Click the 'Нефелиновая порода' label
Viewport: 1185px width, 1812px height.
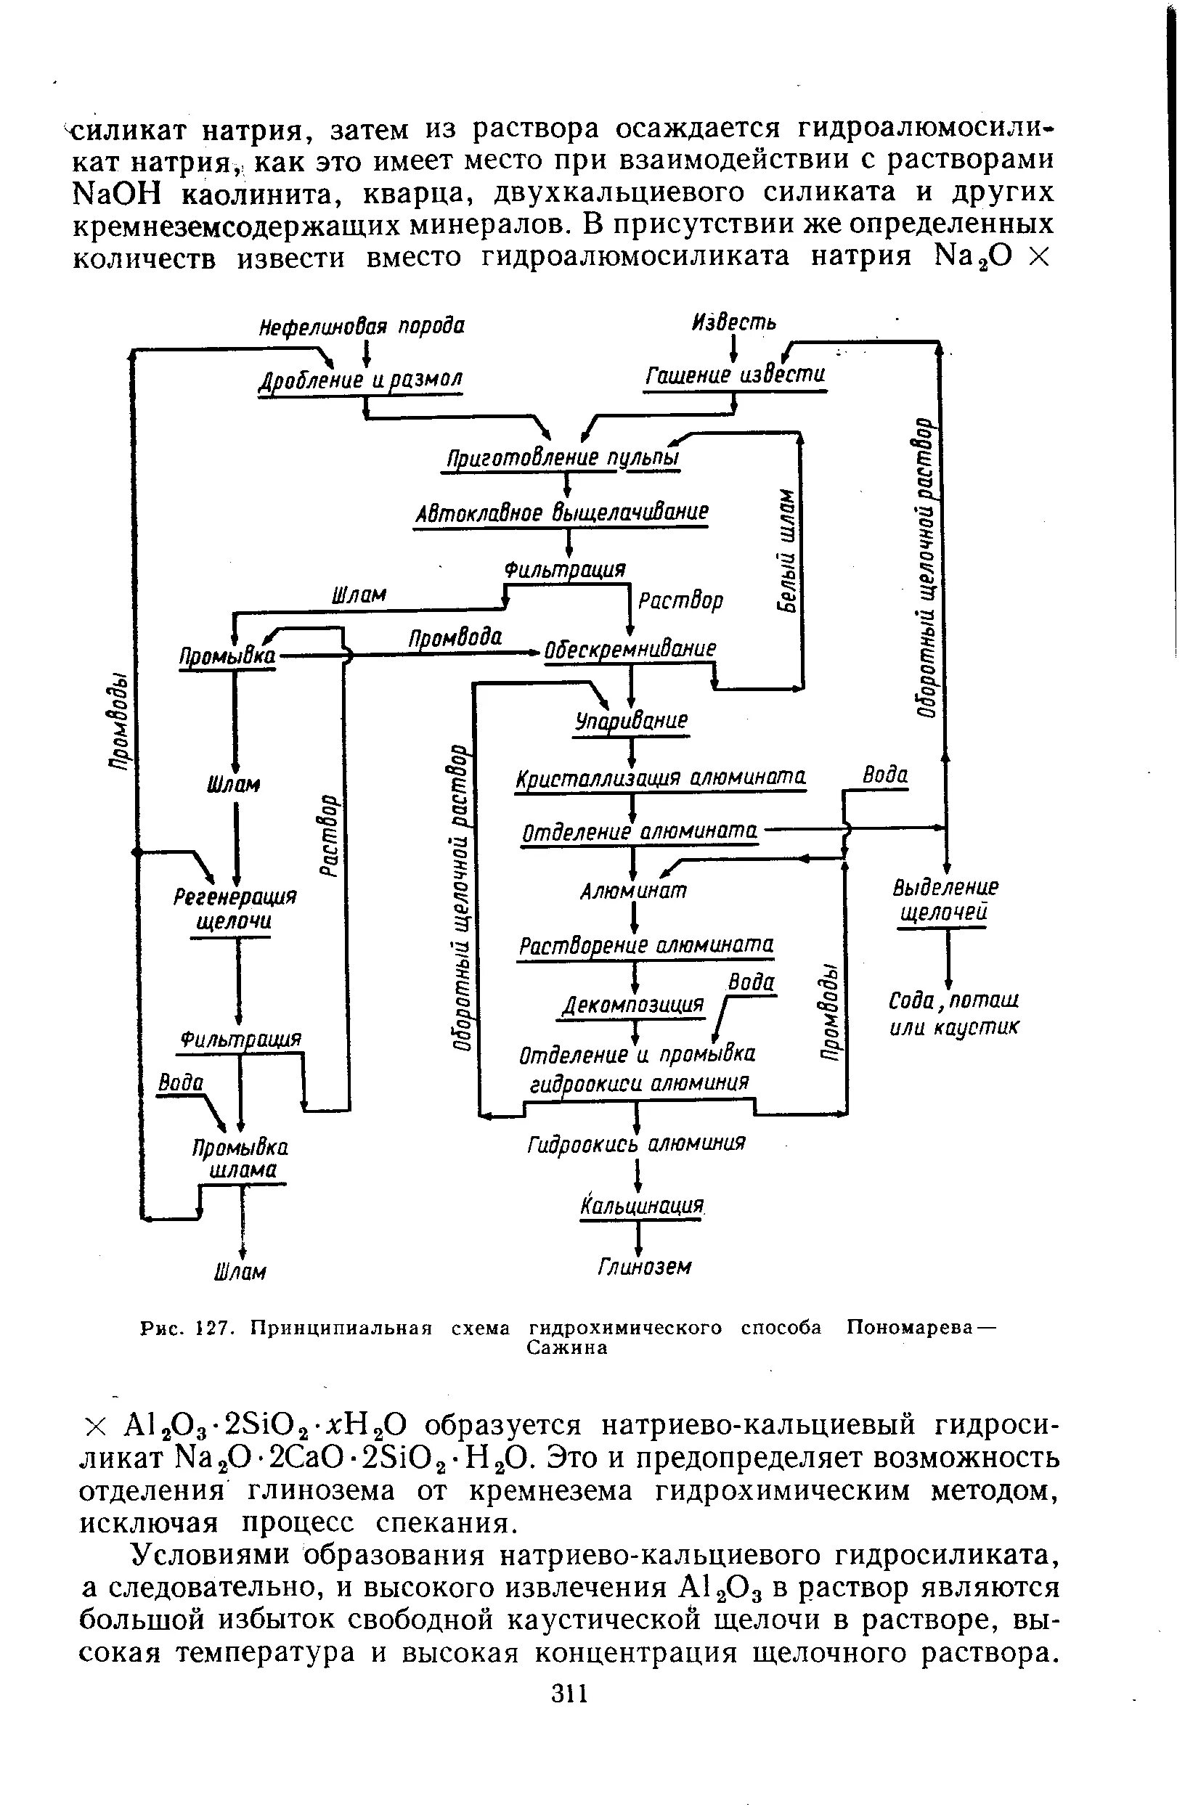(362, 327)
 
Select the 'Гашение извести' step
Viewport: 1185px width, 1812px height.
(735, 376)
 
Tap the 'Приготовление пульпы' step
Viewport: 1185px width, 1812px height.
(562, 458)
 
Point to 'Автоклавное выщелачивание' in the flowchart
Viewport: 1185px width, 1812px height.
(562, 513)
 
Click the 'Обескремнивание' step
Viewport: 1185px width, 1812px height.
(630, 650)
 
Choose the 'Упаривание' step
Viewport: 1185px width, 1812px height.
(631, 720)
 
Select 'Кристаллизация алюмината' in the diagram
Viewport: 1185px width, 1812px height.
(660, 778)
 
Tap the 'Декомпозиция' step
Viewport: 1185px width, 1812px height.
(633, 1005)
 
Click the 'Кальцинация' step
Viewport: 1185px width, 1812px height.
(640, 1206)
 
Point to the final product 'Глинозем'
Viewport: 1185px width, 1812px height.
(644, 1267)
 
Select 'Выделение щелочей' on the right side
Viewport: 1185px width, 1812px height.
(945, 899)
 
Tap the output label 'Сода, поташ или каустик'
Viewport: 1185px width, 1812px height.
(953, 1013)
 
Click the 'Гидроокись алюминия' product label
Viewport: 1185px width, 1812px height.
(636, 1143)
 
